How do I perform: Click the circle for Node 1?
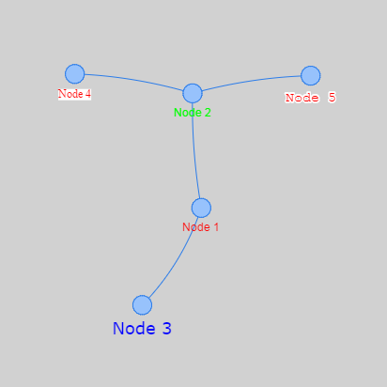pyautogui.click(x=201, y=208)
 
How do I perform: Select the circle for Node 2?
pyautogui.click(x=193, y=93)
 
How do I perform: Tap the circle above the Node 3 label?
pyautogui.click(x=142, y=305)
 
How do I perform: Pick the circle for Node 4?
pyautogui.click(x=75, y=74)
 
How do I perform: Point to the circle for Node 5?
pyautogui.click(x=311, y=75)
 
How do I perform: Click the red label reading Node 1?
pyautogui.click(x=200, y=227)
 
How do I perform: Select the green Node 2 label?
pyautogui.click(x=193, y=113)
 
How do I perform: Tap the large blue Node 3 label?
pyautogui.click(x=142, y=329)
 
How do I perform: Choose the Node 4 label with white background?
pyautogui.click(x=74, y=94)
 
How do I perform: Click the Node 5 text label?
pyautogui.click(x=310, y=98)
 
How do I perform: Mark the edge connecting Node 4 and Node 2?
pyautogui.click(x=134, y=80)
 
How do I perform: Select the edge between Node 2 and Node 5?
pyautogui.click(x=251, y=81)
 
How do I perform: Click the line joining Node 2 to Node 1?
pyautogui.click(x=194, y=150)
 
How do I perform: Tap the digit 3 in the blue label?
pyautogui.click(x=167, y=329)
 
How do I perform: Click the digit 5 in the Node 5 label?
pyautogui.click(x=332, y=98)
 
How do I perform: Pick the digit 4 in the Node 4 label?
pyautogui.click(x=88, y=94)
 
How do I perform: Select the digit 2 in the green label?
pyautogui.click(x=208, y=113)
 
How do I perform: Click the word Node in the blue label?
pyautogui.click(x=133, y=329)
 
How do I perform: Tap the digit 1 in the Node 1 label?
pyautogui.click(x=216, y=227)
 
